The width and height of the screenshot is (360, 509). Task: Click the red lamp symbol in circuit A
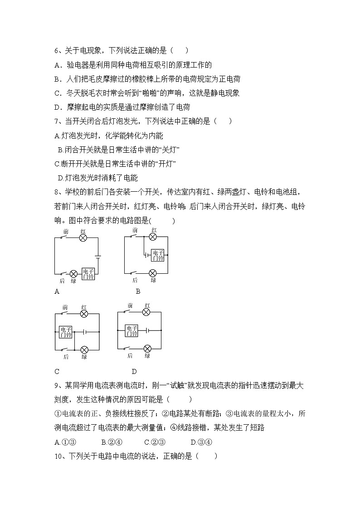coord(83,238)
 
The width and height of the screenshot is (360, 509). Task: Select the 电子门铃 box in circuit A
coord(88,274)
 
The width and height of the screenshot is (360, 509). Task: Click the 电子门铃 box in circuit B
coord(157,255)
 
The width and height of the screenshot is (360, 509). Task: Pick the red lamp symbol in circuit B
coord(153,237)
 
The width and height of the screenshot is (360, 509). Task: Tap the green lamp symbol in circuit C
coord(84,349)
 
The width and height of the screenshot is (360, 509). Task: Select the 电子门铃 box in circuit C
coord(66,332)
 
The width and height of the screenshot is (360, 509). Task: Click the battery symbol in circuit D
coord(147,330)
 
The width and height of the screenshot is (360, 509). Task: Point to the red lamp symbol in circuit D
coord(146,312)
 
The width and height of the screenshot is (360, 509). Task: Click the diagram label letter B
coord(138,291)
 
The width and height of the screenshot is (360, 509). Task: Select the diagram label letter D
coord(134,372)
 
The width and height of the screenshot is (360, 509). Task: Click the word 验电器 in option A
coord(78,65)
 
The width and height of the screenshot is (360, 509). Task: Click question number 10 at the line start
coord(58,456)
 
